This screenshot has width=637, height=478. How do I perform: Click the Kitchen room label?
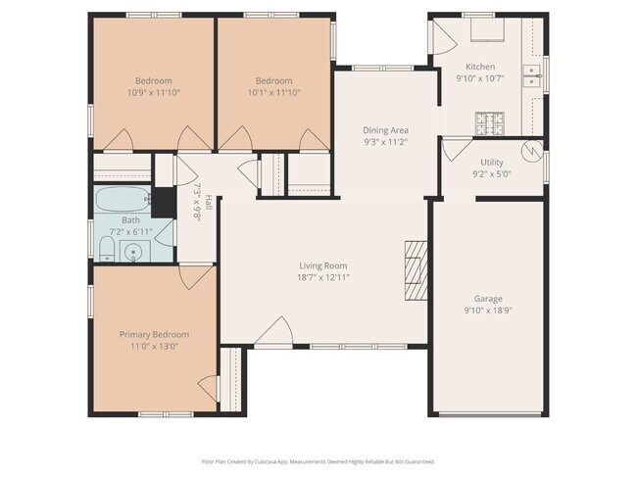(480, 67)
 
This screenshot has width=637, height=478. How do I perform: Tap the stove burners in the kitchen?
(490, 123)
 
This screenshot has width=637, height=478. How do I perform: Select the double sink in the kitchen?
(531, 76)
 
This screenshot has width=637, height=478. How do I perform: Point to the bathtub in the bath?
(123, 199)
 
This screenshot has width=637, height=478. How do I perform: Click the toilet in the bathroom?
(107, 250)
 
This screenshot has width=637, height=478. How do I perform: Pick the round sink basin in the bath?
(132, 252)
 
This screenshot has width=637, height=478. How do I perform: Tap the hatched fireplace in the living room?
(416, 270)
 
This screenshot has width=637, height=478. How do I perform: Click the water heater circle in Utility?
(532, 150)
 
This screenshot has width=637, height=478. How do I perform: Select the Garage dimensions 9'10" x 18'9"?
(488, 311)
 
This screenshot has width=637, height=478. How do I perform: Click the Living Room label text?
(323, 266)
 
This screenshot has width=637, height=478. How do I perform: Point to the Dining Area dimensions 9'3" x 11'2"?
(385, 142)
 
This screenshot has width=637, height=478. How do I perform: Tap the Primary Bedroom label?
(155, 335)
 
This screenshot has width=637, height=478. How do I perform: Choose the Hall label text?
(208, 202)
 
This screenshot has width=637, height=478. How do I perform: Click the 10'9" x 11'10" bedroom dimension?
(154, 93)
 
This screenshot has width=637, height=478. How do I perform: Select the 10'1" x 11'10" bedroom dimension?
(274, 93)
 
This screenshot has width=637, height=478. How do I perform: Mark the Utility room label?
(492, 163)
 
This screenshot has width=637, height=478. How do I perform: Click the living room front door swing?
(273, 332)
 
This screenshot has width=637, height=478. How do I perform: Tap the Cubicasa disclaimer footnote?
(318, 461)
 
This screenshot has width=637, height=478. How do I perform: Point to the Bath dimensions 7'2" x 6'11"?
(130, 232)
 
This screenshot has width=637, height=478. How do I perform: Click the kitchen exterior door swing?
(444, 37)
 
